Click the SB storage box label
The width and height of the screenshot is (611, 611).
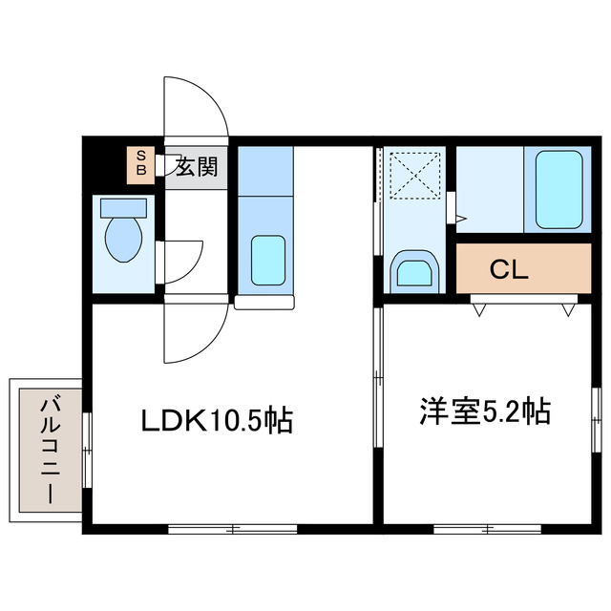(141, 163)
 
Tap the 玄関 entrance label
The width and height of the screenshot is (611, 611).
(196, 167)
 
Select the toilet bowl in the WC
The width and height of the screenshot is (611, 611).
(123, 240)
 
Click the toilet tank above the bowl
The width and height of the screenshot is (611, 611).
(123, 208)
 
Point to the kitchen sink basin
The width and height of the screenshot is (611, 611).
(268, 260)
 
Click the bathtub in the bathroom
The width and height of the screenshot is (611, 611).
(559, 190)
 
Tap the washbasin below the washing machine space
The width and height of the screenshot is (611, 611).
(414, 272)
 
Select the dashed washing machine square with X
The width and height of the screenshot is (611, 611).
(415, 176)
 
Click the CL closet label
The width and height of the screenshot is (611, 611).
(509, 269)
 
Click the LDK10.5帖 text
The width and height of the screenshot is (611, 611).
(217, 420)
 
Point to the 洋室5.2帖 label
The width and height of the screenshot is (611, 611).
(485, 411)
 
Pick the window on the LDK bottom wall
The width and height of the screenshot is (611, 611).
(233, 529)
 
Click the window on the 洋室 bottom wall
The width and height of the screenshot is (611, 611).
(488, 529)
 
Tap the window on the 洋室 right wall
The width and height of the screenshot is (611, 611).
(596, 420)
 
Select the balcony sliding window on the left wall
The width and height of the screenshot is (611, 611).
(87, 450)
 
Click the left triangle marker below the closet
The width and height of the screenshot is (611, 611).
(479, 310)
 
